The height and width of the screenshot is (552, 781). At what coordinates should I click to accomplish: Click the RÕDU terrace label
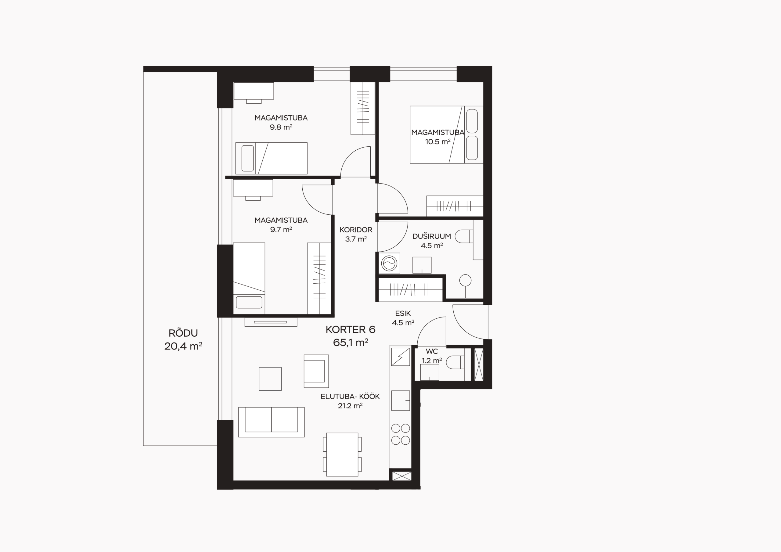tap(183, 333)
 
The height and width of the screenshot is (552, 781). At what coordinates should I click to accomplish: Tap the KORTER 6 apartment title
tap(350, 329)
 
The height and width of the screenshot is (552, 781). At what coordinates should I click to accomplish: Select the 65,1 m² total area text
tap(350, 342)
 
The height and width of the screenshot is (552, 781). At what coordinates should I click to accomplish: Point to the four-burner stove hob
tap(400, 434)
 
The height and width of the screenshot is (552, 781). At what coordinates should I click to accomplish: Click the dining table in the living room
tap(342, 454)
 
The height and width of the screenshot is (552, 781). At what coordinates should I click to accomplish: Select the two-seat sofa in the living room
tap(272, 422)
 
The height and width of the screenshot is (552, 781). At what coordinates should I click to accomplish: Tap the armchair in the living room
tap(316, 371)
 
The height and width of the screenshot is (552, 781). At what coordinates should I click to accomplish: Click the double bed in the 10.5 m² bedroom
tap(446, 134)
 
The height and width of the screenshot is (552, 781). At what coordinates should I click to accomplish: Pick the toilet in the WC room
tap(455, 362)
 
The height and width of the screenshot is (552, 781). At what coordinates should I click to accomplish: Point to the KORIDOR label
tap(356, 230)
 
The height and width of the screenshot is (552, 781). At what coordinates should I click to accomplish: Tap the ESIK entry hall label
tap(403, 313)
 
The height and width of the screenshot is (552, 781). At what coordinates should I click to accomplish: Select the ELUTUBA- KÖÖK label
tap(350, 396)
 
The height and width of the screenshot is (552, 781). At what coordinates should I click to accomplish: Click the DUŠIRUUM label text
tap(432, 236)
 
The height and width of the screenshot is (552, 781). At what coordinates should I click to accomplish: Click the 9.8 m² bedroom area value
tap(281, 127)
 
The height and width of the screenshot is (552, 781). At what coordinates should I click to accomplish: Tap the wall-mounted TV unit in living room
tap(271, 322)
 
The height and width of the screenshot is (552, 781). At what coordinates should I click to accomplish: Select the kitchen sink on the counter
tap(400, 401)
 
